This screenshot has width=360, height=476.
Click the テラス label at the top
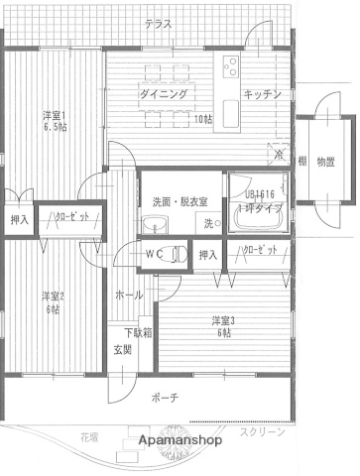point(157,24)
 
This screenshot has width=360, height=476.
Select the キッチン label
point(264,94)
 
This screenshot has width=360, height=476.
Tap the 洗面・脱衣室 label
point(180,201)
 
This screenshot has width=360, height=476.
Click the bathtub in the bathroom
point(258,217)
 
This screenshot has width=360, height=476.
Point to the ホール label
point(129,296)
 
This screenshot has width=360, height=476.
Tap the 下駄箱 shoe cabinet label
point(136,332)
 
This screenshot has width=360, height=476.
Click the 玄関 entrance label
point(122,350)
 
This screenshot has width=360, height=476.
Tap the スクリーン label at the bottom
point(262,431)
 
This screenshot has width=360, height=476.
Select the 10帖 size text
point(202,120)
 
